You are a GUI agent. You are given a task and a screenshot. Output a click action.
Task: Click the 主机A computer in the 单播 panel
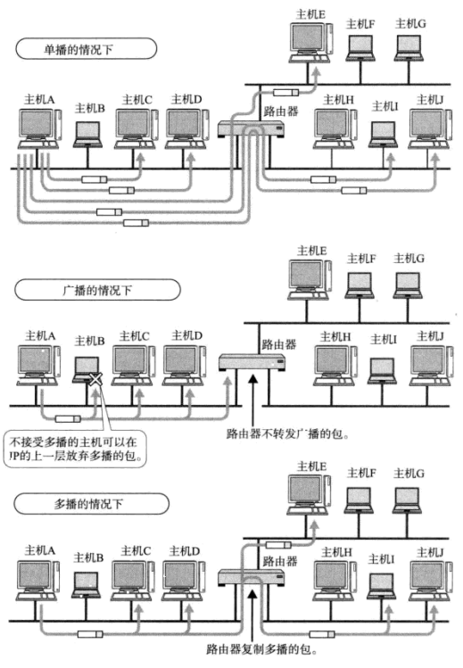click(38, 131)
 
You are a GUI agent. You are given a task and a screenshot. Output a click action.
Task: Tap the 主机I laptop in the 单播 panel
click(383, 131)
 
